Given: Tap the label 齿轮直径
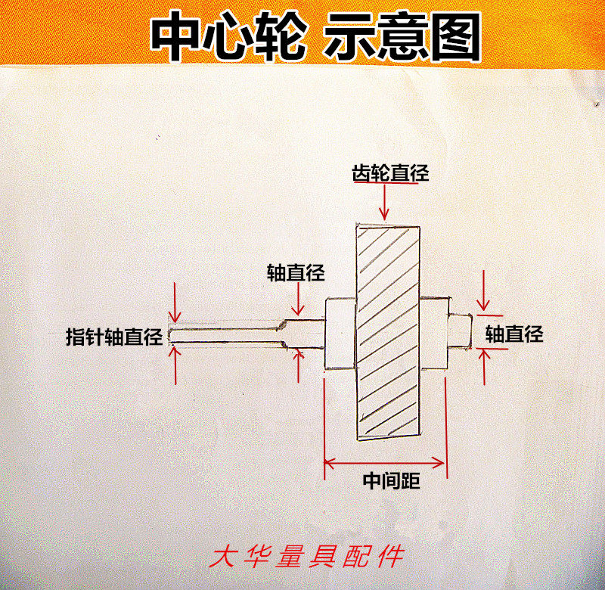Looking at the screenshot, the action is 390,173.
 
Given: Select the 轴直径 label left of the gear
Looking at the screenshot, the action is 296,272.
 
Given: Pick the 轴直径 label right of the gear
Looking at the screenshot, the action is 514,334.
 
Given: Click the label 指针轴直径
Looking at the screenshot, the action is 114,337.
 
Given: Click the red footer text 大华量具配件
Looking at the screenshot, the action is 309,557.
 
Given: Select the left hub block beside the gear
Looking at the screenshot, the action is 340,333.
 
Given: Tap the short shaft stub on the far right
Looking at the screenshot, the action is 460,331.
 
